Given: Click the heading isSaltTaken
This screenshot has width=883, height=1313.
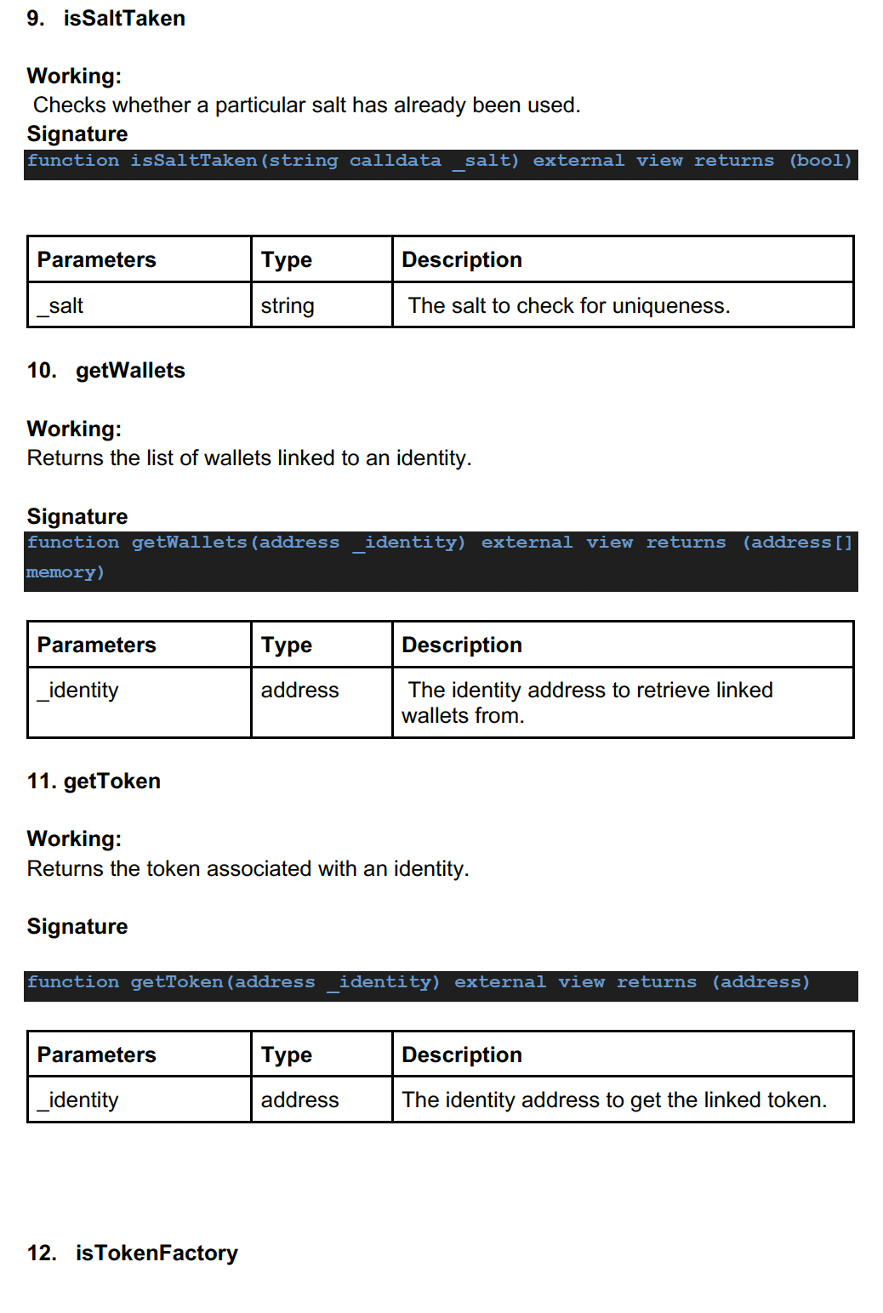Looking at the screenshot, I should pyautogui.click(x=124, y=19).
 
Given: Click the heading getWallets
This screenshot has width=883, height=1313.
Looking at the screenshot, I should pyautogui.click(x=130, y=371).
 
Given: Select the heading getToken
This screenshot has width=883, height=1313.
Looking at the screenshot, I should pyautogui.click(x=111, y=782).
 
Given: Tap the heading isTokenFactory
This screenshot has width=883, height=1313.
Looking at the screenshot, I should pyautogui.click(x=157, y=1253).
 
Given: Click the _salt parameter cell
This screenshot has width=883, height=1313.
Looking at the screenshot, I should pyautogui.click(x=60, y=306).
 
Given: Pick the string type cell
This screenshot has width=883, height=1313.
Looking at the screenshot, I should pyautogui.click(x=288, y=306).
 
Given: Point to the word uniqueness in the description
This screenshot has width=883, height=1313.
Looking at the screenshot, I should pyautogui.click(x=671, y=306).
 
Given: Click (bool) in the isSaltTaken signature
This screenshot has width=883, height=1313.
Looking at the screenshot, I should pyautogui.click(x=820, y=161).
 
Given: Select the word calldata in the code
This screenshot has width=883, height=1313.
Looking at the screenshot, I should pyautogui.click(x=395, y=161).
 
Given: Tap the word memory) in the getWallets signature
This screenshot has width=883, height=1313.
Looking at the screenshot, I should pyautogui.click(x=66, y=572).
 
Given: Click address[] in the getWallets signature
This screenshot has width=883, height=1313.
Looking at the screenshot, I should pyautogui.click(x=797, y=543).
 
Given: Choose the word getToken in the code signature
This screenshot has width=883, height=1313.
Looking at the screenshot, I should pyautogui.click(x=177, y=982).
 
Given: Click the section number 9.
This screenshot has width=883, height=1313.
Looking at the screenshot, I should pyautogui.click(x=35, y=19).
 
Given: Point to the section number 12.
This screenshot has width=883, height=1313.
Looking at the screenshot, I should pyautogui.click(x=42, y=1253).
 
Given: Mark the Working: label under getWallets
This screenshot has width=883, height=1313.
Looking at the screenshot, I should pyautogui.click(x=74, y=429).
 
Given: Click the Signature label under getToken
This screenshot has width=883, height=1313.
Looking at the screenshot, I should pyautogui.click(x=77, y=927).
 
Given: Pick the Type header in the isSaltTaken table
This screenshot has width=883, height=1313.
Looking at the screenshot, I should pyautogui.click(x=287, y=260).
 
